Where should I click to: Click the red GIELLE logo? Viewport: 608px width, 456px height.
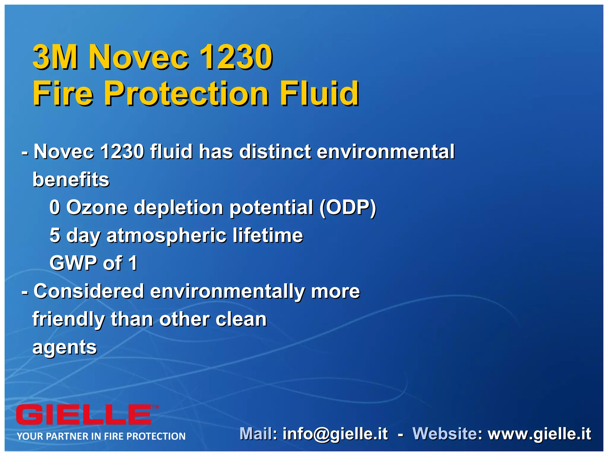coord(84,415)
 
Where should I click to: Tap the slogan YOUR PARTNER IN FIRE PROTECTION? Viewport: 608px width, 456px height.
coord(101,436)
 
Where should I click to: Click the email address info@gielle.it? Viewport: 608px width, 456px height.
coord(335,434)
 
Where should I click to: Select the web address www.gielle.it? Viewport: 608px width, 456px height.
coord(539,434)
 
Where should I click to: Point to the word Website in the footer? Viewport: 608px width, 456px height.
coord(444,434)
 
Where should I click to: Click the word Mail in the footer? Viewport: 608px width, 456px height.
coord(257,434)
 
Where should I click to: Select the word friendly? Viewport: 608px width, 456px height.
coord(69,320)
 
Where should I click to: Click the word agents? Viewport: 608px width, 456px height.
coord(65,347)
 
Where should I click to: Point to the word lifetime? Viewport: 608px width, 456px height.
coord(268,235)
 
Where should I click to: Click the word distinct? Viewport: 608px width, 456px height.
coord(275,152)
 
